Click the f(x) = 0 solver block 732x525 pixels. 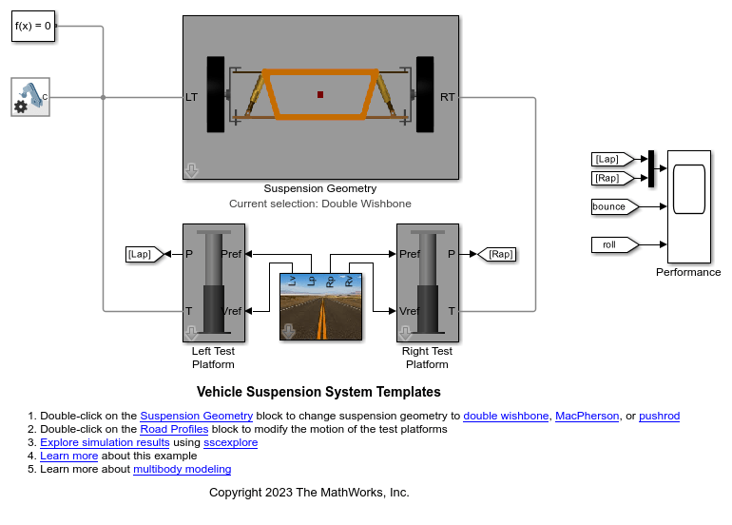(33, 27)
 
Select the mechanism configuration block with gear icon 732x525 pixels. (31, 97)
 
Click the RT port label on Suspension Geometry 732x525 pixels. (448, 97)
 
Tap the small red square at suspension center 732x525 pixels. (320, 94)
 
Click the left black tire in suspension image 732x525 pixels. (215, 93)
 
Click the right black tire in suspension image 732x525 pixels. (425, 93)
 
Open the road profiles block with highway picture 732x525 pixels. (321, 305)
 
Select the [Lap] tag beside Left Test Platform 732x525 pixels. (140, 254)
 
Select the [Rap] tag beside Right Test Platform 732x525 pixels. (500, 254)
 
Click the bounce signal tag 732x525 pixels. (611, 206)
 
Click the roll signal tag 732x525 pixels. (611, 244)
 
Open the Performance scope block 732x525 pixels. (688, 206)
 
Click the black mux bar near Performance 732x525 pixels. (651, 168)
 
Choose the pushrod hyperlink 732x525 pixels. (659, 416)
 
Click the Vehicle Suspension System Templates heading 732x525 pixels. (318, 392)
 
